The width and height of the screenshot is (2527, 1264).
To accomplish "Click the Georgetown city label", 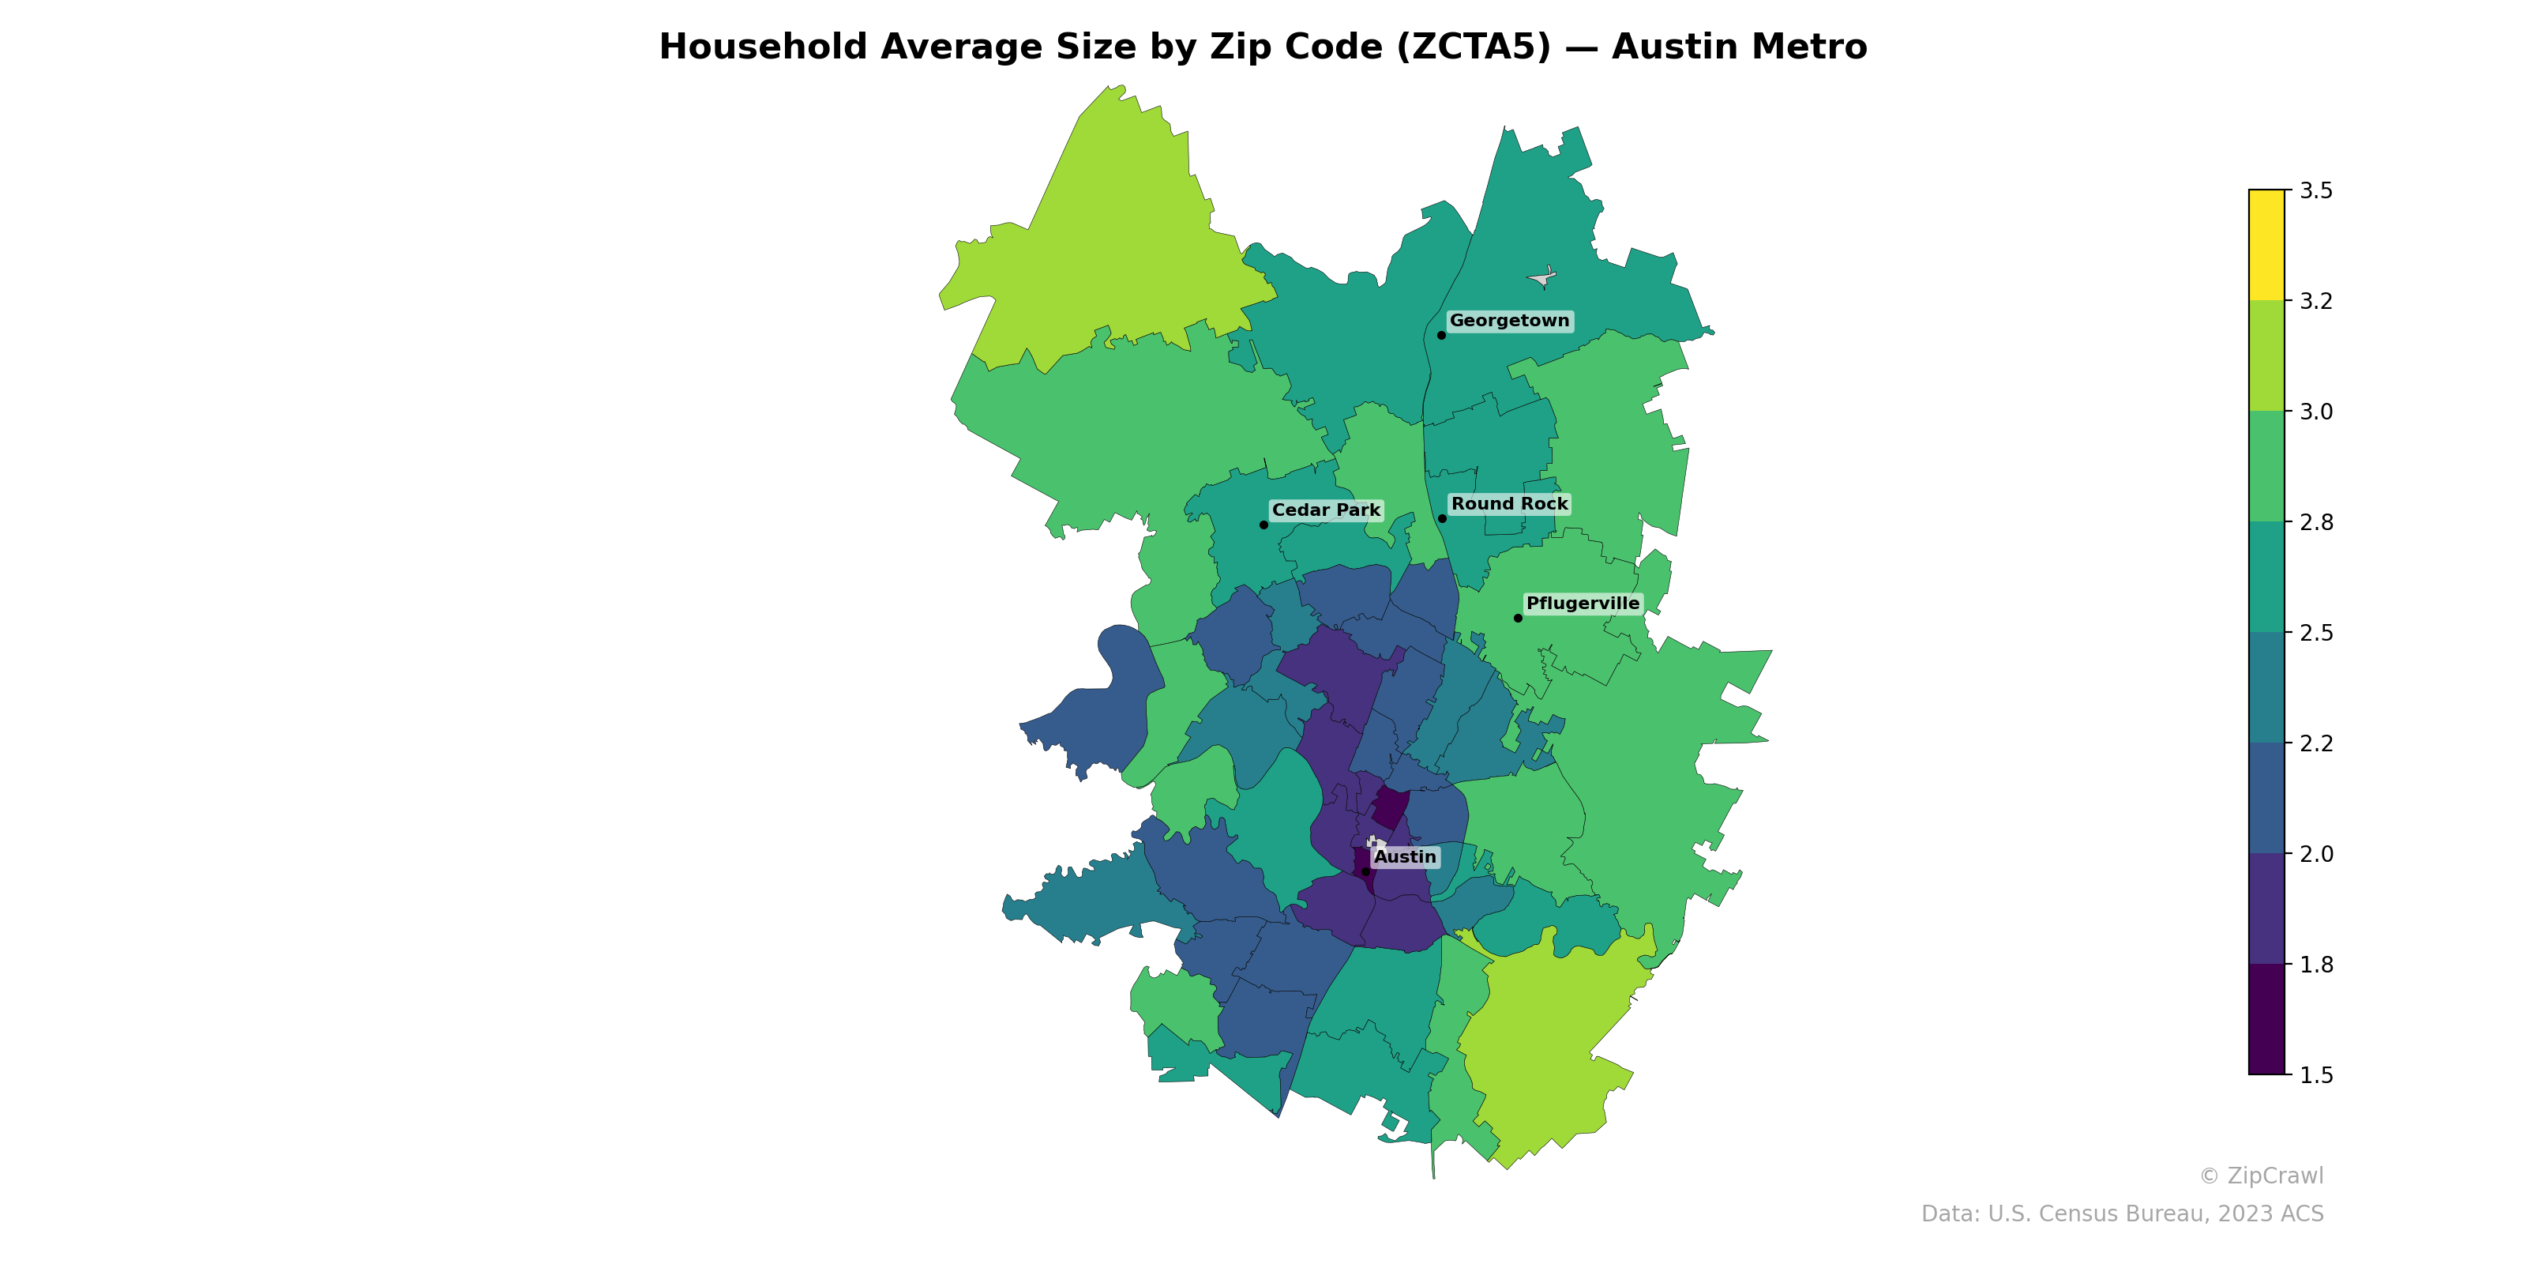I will pos(1509,321).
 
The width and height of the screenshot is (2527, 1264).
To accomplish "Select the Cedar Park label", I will pos(1325,510).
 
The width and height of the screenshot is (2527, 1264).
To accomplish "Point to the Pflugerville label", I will pos(1583,604).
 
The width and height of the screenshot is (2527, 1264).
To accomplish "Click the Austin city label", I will pos(1404,856).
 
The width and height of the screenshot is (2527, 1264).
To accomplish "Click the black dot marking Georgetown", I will pos(1441,336).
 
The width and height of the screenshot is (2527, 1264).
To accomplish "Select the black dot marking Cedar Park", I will pos(1263,525).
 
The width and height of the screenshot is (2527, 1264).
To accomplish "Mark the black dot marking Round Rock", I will pos(1442,518).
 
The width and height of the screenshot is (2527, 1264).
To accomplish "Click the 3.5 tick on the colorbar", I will pos(2315,190).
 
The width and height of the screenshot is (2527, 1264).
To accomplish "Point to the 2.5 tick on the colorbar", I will pos(2315,633).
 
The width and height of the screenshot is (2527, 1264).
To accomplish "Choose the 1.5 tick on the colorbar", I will pos(2315,1075).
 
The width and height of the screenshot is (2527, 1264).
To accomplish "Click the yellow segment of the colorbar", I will pos(2266,246).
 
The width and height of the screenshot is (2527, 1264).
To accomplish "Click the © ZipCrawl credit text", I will pos(2261,1176).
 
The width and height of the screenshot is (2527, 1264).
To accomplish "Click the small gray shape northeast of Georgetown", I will pos(1542,278).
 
